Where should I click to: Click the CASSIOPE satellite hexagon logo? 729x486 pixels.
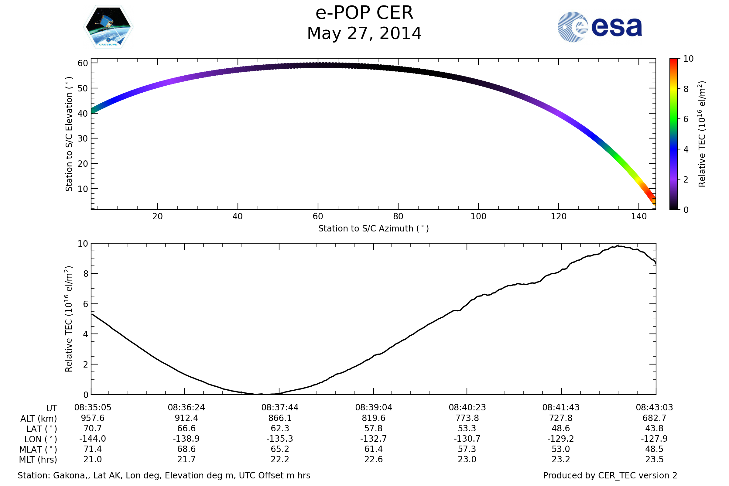click(108, 27)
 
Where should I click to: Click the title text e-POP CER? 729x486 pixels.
click(364, 13)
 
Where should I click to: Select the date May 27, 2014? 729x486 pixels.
click(364, 33)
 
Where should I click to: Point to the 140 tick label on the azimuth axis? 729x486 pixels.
click(638, 217)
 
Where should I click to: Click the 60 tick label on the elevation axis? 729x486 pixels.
click(83, 63)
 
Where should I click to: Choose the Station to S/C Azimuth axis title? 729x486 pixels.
click(374, 229)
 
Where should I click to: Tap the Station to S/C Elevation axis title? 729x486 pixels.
click(69, 134)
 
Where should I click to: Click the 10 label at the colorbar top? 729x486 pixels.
click(688, 59)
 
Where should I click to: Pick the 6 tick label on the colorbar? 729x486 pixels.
click(686, 119)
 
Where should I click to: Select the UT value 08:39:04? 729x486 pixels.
click(374, 408)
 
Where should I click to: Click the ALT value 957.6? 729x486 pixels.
click(93, 418)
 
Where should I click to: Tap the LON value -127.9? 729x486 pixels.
click(654, 439)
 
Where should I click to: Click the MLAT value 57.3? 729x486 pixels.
click(467, 449)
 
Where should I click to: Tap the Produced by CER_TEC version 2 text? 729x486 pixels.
click(610, 475)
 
